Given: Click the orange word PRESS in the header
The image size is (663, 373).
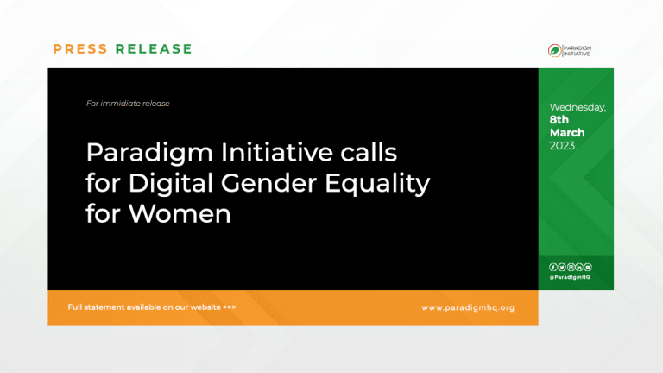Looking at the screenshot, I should pyautogui.click(x=80, y=49).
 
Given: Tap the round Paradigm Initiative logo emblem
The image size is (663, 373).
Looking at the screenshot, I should pyautogui.click(x=554, y=50).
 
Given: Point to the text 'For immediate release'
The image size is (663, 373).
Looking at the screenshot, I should pyautogui.click(x=128, y=104).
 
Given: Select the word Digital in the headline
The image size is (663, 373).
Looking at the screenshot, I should pyautogui.click(x=167, y=183).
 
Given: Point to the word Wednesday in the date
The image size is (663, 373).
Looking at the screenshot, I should pyautogui.click(x=578, y=108).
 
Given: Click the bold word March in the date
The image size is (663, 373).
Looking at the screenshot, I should pyautogui.click(x=567, y=133).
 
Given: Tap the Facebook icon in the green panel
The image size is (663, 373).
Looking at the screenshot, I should pyautogui.click(x=552, y=267).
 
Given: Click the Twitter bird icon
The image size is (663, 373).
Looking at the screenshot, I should pyautogui.click(x=561, y=267).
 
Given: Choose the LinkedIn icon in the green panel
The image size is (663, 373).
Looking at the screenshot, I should pyautogui.click(x=579, y=267).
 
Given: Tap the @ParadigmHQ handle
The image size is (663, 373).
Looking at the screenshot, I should pyautogui.click(x=570, y=277).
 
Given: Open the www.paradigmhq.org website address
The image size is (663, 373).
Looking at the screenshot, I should pyautogui.click(x=467, y=307).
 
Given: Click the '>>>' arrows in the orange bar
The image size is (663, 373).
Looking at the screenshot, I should pyautogui.click(x=229, y=307).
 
